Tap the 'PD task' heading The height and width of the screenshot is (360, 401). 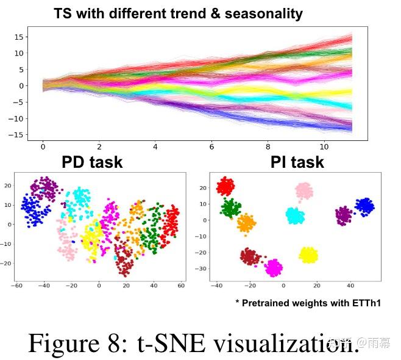(92, 162)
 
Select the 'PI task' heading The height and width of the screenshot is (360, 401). (297, 162)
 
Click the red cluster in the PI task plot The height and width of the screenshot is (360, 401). (225, 185)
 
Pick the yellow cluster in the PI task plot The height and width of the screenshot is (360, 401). (309, 254)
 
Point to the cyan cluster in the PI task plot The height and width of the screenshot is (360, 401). (295, 215)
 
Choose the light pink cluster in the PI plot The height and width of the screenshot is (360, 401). (304, 192)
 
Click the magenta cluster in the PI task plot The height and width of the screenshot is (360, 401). (274, 267)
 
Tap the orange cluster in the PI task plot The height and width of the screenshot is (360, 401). (246, 224)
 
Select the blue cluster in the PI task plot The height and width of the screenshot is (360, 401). (364, 206)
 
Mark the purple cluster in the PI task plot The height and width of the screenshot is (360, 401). (344, 215)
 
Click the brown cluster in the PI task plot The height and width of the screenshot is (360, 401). (250, 256)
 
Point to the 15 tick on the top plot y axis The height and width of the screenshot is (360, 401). (18, 37)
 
